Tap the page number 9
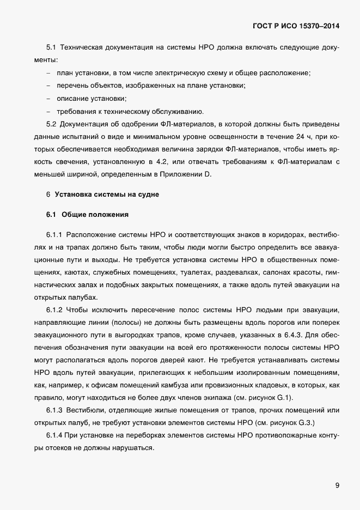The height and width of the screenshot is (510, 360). [x=337, y=485]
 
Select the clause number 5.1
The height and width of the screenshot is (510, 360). [x=52, y=48]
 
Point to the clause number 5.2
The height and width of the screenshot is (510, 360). [x=52, y=124]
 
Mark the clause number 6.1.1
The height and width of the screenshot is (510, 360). [x=56, y=235]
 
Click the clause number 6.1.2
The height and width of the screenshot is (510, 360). [x=56, y=310]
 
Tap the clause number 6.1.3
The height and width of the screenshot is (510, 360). [x=56, y=410]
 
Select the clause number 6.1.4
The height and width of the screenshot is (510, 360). [x=56, y=435]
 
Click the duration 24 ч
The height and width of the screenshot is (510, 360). [x=300, y=136]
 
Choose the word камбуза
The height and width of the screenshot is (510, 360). [x=181, y=385]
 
